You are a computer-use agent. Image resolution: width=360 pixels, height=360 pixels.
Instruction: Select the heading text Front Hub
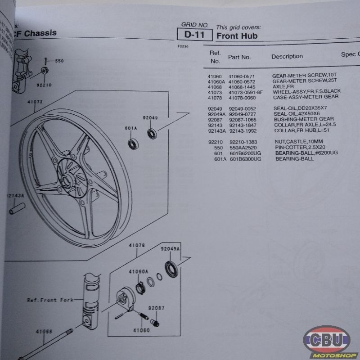237,36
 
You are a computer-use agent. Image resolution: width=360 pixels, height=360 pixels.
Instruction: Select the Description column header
287,57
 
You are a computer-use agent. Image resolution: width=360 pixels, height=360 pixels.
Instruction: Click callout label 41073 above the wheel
35,102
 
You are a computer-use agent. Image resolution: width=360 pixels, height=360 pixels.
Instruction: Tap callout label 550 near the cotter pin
59,61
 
